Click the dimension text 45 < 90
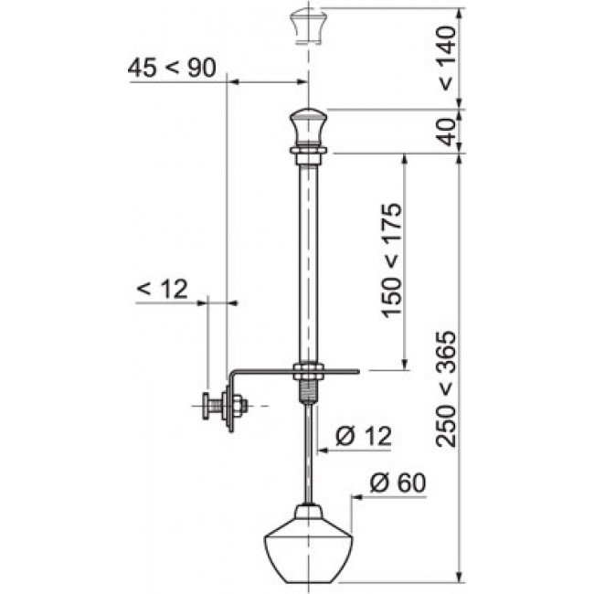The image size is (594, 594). point(172,69)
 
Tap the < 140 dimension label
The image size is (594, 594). point(447,58)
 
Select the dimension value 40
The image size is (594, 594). point(448,132)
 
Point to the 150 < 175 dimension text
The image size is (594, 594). point(391,260)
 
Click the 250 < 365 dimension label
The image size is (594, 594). point(446,389)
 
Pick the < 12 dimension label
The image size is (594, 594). point(162,289)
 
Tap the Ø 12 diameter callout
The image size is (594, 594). point(364,436)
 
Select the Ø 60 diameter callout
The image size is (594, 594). point(398,483)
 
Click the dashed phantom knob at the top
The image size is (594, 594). point(309,27)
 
